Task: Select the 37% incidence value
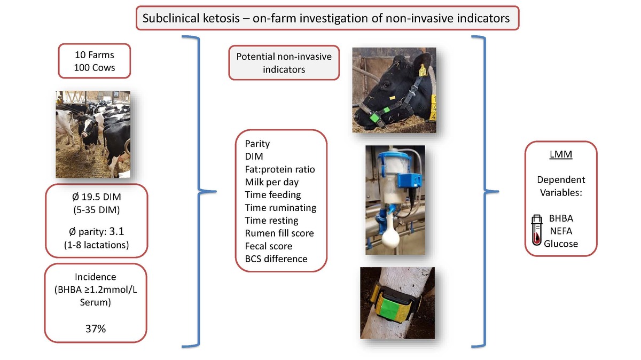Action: (96, 328)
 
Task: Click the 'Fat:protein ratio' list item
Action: (279, 169)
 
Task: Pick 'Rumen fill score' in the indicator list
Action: (279, 233)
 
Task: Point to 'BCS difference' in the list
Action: (276, 259)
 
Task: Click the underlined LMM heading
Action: (561, 155)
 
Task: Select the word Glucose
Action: (561, 244)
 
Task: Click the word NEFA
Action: (561, 231)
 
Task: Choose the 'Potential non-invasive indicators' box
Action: (284, 62)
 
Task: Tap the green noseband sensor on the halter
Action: (377, 114)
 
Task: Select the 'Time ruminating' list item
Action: (280, 207)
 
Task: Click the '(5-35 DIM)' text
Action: (96, 209)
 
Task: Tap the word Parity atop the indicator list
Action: (257, 144)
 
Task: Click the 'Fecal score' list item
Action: (268, 246)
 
